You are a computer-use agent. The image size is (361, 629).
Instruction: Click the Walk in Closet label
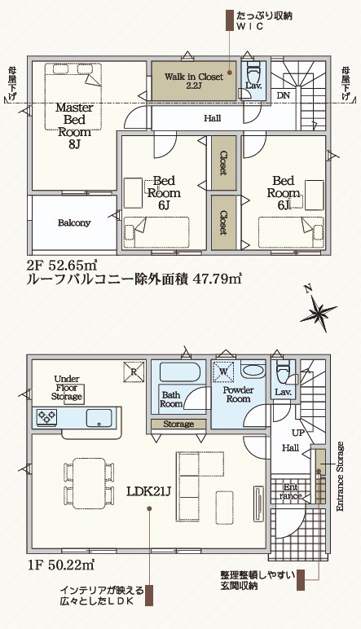193,81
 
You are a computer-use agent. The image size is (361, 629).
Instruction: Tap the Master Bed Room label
75,125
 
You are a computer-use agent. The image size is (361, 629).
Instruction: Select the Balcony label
74,223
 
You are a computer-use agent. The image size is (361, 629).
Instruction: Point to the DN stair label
284,96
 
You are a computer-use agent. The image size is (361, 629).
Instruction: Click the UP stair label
298,433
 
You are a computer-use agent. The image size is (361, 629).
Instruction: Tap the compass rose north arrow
319,308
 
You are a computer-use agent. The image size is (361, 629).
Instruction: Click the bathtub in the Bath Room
180,372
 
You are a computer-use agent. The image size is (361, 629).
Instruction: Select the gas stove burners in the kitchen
47,417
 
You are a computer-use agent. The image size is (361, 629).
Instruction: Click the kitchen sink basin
100,418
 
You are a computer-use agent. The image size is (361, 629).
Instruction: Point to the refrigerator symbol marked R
134,371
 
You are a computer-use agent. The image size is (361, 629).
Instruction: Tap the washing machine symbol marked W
224,371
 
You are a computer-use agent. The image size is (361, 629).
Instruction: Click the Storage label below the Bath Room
178,424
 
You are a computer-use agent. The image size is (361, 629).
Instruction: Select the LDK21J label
149,491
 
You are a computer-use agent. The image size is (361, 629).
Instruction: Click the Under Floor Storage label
67,388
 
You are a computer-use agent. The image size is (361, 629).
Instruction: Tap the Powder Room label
238,394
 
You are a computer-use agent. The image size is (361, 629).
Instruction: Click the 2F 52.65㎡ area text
61,265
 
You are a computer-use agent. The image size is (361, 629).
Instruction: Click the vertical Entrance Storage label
340,476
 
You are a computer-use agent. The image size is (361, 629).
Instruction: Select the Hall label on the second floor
212,118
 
